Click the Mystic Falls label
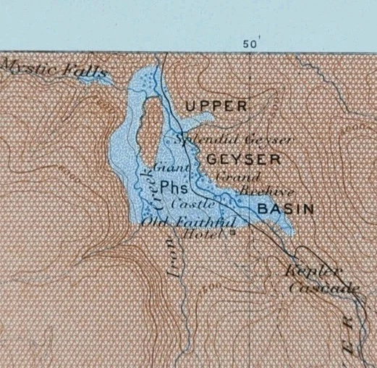coord(55,69)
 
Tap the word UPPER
coord(216,106)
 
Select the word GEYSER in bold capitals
coord(238,157)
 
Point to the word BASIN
coord(286,209)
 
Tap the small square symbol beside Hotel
coord(233,234)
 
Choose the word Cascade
coord(323,288)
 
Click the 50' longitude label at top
coord(250,43)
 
